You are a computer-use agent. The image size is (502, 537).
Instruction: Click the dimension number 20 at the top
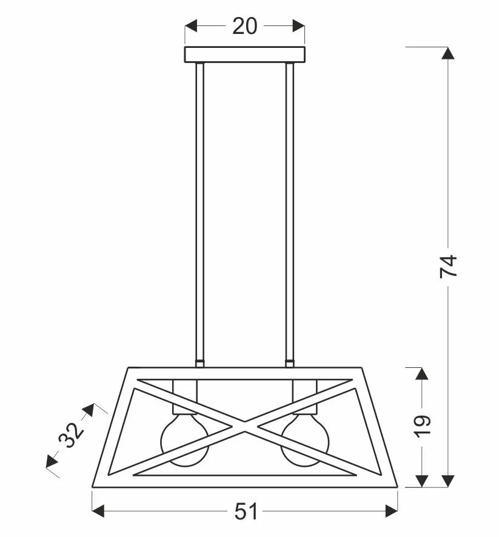pos(244,27)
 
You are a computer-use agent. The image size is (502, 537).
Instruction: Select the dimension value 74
pos(449,266)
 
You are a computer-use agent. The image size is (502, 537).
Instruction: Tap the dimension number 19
pos(422,426)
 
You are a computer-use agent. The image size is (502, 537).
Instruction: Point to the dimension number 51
pos(246,512)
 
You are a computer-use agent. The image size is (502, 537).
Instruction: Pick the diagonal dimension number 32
pos(71,435)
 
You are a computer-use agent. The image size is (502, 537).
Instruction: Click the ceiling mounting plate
pos(244,55)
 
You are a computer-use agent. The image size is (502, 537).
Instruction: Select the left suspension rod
pos(200,212)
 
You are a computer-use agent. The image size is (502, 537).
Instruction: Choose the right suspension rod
pos(290,212)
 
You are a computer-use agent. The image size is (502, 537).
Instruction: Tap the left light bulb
pos(185,440)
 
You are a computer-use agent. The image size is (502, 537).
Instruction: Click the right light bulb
pos(304,440)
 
